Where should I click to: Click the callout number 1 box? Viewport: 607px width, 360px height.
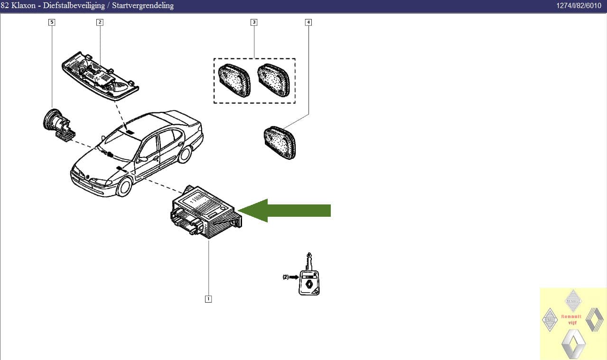pos(208,299)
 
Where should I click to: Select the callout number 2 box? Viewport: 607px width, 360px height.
pos(100,22)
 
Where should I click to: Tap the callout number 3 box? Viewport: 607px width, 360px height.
pos(254,22)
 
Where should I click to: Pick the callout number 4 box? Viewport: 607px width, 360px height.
pos(308,22)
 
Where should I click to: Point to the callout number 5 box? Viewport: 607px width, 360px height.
pos(51,22)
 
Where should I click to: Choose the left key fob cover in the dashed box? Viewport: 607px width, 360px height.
pos(234,80)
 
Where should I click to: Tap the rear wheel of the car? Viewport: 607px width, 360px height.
pos(185,154)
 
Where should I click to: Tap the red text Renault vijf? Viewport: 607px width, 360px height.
pos(571,319)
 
